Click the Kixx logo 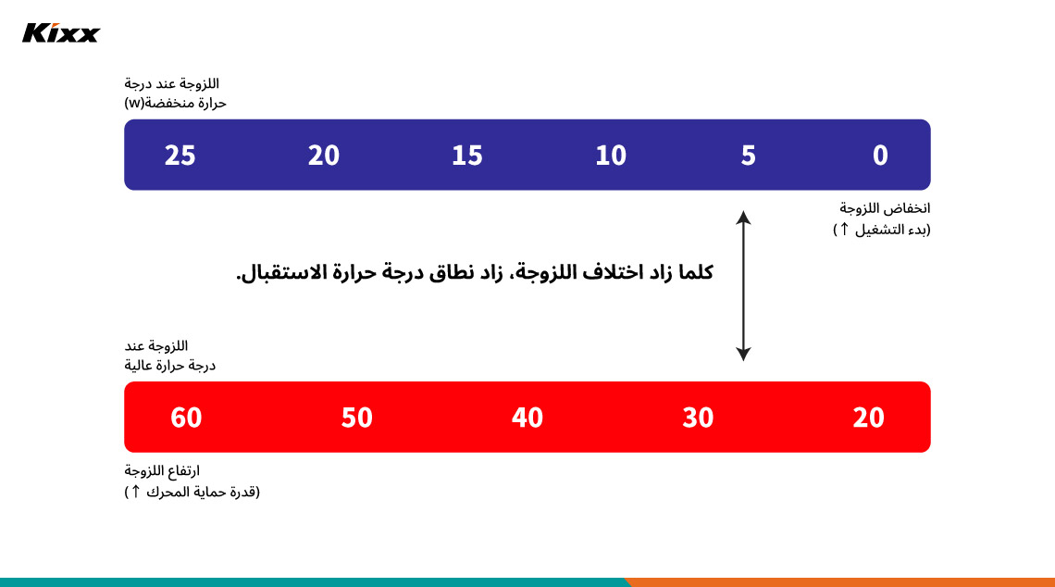[61, 33]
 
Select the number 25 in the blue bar [180, 156]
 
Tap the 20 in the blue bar [324, 156]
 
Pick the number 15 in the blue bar [467, 156]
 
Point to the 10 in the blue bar [611, 156]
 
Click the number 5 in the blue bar [748, 156]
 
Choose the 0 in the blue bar [880, 156]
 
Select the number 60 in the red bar [186, 418]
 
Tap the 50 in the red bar [356, 418]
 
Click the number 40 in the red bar [527, 418]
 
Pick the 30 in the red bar [698, 418]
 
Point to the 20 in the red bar [869, 418]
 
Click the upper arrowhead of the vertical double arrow [743, 217]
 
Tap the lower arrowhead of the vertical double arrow [743, 355]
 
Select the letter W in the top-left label [135, 103]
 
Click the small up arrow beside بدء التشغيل [844, 229]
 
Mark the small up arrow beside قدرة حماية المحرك [135, 492]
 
